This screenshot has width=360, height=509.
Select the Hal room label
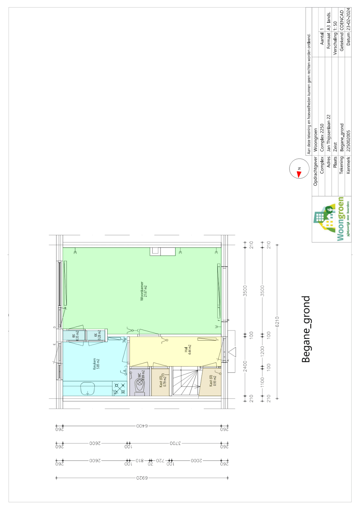click(188, 349)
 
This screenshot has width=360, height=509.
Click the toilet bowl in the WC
click(140, 386)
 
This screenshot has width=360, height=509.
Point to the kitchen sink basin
click(87, 388)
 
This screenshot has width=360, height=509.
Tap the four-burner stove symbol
click(120, 388)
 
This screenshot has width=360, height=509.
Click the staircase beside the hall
click(185, 381)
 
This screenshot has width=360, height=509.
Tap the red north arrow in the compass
click(299, 174)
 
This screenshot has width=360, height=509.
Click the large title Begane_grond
click(306, 329)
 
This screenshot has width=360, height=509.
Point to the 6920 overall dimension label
click(142, 478)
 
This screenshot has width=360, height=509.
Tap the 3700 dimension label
click(175, 444)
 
